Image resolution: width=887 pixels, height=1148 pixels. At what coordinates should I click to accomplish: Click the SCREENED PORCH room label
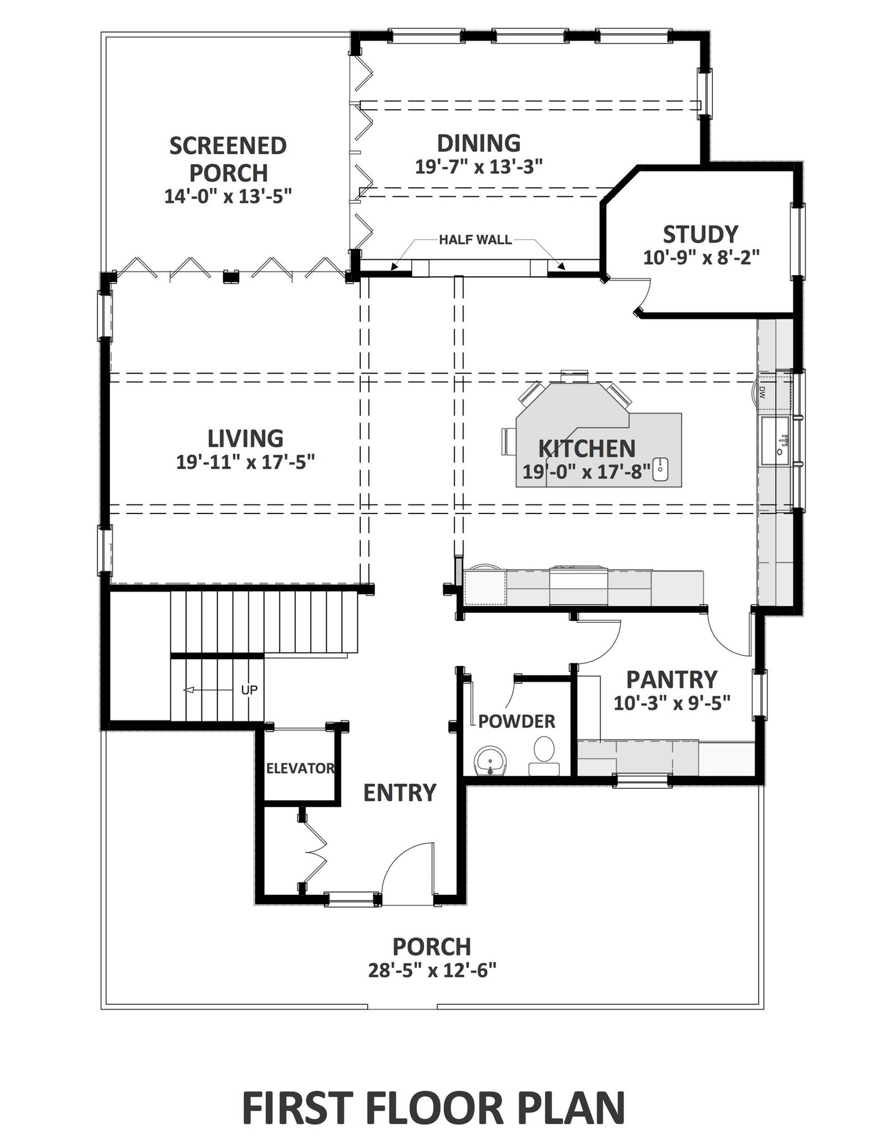(228, 159)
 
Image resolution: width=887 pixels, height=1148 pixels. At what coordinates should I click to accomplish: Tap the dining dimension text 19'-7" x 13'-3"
(479, 166)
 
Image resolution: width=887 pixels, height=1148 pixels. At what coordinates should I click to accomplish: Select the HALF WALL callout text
(475, 240)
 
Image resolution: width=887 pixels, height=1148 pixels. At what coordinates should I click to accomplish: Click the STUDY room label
(700, 234)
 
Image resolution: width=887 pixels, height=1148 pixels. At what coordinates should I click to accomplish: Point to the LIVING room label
(246, 439)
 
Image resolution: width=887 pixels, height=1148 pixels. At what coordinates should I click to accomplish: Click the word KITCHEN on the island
(587, 449)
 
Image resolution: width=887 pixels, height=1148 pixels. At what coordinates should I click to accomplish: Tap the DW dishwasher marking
(762, 392)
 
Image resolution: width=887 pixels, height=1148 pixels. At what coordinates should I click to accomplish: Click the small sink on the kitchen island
(660, 469)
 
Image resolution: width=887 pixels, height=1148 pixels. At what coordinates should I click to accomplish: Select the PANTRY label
(672, 680)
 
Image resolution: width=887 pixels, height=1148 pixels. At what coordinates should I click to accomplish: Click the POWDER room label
(517, 721)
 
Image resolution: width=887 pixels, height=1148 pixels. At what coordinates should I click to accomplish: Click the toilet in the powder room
(544, 757)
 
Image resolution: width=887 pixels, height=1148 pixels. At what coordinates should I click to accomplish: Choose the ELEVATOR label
(300, 768)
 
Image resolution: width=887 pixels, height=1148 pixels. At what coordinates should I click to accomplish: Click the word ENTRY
(400, 793)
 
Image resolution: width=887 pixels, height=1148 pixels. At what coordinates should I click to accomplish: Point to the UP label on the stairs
(249, 690)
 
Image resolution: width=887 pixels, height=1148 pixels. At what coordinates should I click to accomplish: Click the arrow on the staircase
(209, 690)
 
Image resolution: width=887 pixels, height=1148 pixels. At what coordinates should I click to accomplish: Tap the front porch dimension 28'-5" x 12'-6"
(432, 970)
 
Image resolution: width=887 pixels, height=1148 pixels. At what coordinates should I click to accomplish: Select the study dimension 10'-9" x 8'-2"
(701, 257)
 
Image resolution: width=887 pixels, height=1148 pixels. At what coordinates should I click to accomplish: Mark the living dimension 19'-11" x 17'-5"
(246, 462)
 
